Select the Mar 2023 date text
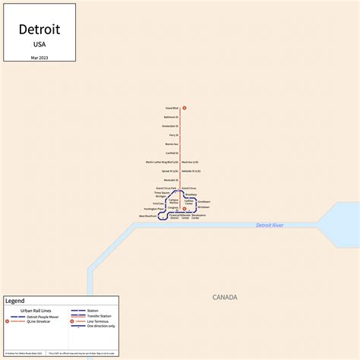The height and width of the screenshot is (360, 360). tap(39, 58)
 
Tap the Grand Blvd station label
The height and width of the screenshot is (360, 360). tap(171, 108)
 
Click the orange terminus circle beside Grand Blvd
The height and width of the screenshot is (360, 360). tap(185, 108)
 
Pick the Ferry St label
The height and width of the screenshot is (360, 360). tap(174, 135)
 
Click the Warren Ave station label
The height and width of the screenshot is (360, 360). tap(172, 144)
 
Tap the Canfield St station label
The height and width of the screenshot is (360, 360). tap(172, 153)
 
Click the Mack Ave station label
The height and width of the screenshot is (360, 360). tap(190, 162)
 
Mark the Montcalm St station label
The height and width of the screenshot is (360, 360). tap(171, 180)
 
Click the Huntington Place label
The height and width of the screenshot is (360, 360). tap(153, 209)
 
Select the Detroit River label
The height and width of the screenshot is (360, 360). tap(270, 226)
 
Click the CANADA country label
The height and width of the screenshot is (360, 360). tap(225, 297)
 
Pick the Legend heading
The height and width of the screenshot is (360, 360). tap(15, 301)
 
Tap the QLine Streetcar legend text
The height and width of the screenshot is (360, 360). tap(38, 322)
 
